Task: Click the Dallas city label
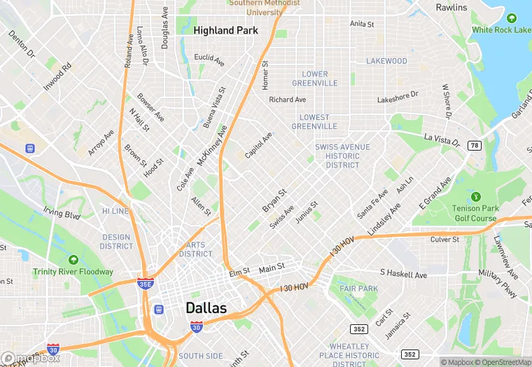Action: [x=206, y=308]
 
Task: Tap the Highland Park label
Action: [x=225, y=31]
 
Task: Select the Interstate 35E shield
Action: [x=146, y=284]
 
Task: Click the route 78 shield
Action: [x=475, y=145]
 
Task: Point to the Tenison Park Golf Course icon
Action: [x=476, y=197]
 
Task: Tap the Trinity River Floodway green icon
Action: [x=73, y=261]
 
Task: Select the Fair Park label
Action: [x=358, y=289]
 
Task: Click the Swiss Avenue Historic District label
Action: [x=342, y=156]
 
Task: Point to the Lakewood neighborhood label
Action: [x=386, y=61]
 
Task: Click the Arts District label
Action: [x=195, y=249]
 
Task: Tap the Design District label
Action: [x=116, y=242]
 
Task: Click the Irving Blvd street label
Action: [x=62, y=212]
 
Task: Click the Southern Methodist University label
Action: [x=264, y=7]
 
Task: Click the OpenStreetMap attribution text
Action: [x=503, y=362]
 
